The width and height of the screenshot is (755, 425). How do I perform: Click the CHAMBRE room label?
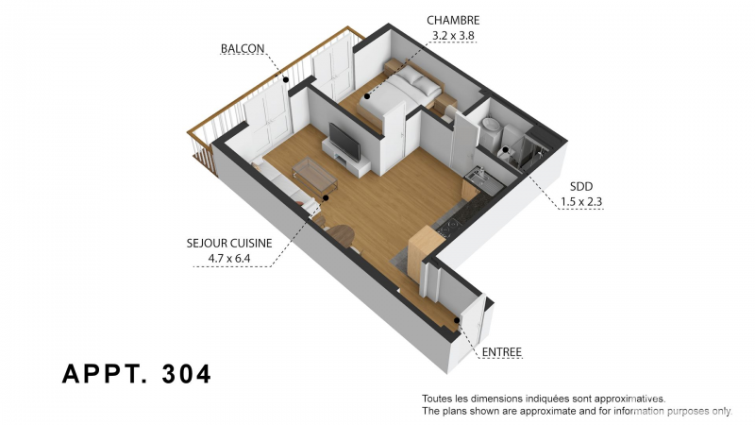pos(453,20)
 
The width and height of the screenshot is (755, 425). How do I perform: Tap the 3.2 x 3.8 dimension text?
pos(453,36)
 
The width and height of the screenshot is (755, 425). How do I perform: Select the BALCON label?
pos(243,49)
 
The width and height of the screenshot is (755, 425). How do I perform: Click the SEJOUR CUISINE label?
pos(229,243)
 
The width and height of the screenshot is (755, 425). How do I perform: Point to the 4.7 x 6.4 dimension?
pos(229,259)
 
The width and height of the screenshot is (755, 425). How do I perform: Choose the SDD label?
pos(581,186)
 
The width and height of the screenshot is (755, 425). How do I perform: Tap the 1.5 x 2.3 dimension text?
pos(581,202)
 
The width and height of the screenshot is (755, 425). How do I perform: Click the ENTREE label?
pos(502,352)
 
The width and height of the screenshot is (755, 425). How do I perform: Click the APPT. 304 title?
pos(137,373)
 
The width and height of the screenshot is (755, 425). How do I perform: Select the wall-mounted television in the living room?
pos(344,142)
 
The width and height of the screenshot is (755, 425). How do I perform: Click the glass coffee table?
pos(315,175)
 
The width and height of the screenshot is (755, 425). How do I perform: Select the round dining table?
pos(341,235)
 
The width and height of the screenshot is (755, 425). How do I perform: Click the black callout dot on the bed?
pos(367,96)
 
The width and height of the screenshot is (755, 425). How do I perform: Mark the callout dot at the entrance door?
pos(457,320)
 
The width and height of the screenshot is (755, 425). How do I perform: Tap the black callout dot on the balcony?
pos(286,80)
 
